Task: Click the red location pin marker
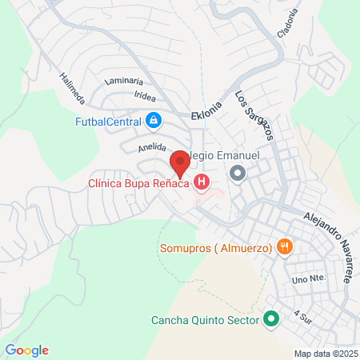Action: point(180,163)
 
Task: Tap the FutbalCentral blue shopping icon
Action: point(154,122)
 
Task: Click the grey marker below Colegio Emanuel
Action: point(238,173)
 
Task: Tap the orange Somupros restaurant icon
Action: point(283,246)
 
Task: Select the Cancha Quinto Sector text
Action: point(206,321)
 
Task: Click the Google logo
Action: point(26,350)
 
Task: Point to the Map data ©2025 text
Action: point(325,354)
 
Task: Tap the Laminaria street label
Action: point(123,81)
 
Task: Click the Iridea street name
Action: point(145,94)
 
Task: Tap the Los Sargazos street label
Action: point(253,115)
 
